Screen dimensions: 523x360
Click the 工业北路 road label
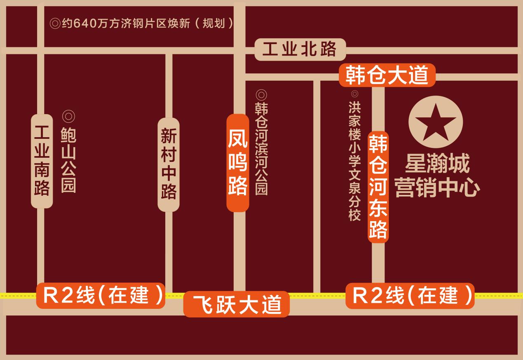300,49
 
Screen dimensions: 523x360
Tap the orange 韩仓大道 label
387,75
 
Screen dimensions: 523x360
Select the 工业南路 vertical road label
42,161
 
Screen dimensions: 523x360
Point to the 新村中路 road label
169,164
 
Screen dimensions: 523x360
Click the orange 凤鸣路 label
238,163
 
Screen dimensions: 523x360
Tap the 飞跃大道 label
237,304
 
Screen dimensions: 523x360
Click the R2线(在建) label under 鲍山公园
101,295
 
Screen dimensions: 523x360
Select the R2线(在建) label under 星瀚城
410,295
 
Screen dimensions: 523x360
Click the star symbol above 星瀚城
436,122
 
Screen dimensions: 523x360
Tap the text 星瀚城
437,164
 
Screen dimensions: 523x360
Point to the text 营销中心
437,188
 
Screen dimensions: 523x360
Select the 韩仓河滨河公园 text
261,148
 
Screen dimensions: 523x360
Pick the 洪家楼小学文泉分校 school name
354,161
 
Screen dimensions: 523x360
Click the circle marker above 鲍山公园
68,117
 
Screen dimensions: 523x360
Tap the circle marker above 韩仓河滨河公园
261,94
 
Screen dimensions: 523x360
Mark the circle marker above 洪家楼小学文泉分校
354,94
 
